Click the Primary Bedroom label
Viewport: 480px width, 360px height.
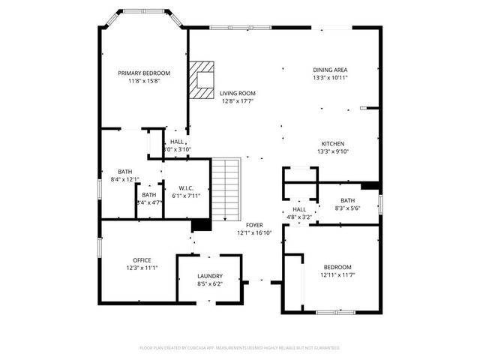144,73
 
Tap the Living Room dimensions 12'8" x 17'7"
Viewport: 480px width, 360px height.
238,101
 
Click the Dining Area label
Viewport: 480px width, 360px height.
330,70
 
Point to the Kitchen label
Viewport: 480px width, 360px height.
333,143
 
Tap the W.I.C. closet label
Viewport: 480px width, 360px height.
187,187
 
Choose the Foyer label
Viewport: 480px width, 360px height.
255,224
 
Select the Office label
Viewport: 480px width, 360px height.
142,260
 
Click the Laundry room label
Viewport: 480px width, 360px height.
209,276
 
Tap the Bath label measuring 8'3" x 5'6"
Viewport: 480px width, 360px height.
347,200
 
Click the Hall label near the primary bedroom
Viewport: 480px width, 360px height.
177,142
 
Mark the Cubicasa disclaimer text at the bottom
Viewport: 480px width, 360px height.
240,347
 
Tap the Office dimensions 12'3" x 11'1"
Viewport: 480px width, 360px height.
142,268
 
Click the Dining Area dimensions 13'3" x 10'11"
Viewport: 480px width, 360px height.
330,77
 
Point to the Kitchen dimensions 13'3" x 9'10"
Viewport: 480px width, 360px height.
333,151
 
